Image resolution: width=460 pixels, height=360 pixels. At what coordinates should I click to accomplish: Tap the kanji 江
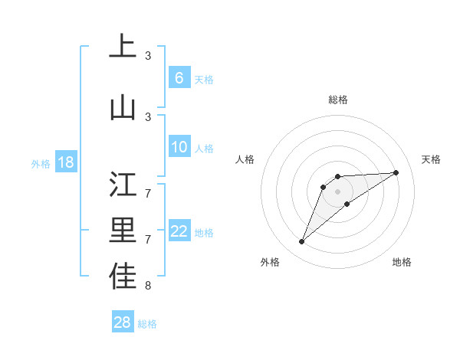tap(123, 184)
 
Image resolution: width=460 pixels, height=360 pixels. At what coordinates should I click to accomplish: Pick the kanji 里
tap(123, 230)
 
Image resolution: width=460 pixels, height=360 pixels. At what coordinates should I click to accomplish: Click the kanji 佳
tap(123, 277)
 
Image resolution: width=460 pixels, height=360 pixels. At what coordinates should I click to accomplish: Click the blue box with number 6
tap(179, 78)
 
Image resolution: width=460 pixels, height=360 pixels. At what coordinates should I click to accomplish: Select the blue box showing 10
tap(179, 148)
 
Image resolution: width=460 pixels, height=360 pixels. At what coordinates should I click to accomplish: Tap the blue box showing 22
tap(179, 231)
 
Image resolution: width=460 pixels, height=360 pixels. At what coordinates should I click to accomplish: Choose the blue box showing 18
tap(65, 162)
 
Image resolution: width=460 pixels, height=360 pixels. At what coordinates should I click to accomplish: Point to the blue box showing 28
tap(123, 322)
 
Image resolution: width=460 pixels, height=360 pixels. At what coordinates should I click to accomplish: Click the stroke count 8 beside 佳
tap(148, 286)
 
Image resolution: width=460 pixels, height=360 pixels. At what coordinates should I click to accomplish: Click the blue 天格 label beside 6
tap(204, 79)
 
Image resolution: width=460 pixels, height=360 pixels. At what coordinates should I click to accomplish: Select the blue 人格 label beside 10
tap(204, 149)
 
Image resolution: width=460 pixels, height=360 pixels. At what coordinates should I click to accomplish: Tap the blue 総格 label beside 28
tap(147, 324)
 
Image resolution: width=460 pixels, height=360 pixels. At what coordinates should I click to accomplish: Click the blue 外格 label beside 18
tap(41, 163)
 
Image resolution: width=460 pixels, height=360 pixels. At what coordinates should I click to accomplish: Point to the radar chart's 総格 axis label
tap(337, 100)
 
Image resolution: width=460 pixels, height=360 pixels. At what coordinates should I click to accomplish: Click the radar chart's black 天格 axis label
tap(432, 159)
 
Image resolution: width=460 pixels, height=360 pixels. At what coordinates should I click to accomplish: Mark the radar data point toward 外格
tap(301, 242)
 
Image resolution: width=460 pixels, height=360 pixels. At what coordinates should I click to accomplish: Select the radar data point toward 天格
tap(396, 172)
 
